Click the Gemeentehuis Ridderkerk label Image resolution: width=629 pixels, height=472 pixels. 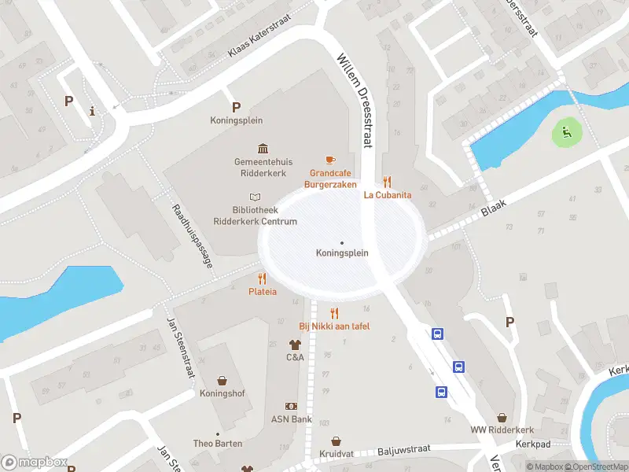(x=260, y=167)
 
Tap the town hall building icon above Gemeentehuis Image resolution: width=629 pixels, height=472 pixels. (x=262, y=149)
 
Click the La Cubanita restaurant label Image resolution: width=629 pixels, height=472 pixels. (x=388, y=195)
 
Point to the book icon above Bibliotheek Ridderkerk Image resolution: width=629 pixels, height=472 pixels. (x=254, y=197)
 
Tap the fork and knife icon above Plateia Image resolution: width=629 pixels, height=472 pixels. (x=262, y=278)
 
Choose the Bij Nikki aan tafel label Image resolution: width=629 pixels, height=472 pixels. (x=334, y=326)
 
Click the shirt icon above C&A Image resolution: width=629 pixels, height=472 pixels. (x=295, y=344)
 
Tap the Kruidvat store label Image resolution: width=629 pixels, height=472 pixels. (x=336, y=455)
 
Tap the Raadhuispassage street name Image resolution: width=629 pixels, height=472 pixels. (x=192, y=237)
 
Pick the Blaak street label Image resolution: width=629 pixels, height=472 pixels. (x=493, y=208)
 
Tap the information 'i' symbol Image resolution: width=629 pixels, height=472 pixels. (x=93, y=111)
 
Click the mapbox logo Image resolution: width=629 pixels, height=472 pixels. (x=33, y=463)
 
